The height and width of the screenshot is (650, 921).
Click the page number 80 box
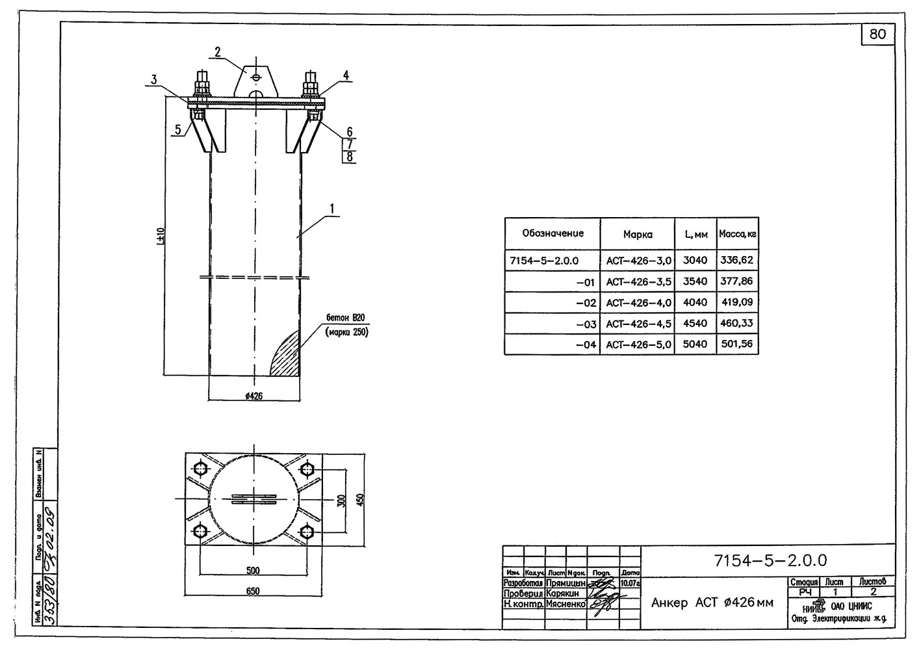coord(877,34)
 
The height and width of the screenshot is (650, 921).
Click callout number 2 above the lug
coord(218,53)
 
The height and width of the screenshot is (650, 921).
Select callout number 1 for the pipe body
coord(331,209)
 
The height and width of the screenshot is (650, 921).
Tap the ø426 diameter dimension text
coord(253,396)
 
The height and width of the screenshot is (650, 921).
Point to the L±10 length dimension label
coord(161,236)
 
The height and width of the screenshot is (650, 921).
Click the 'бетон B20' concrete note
coord(346,318)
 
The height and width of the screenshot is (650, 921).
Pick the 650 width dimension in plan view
coord(253,591)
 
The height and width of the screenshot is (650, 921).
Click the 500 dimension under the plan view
coord(253,571)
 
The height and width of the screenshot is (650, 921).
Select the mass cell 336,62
coord(737,260)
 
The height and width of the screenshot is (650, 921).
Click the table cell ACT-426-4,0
coord(638,303)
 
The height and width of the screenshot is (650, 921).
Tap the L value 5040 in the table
coord(695,344)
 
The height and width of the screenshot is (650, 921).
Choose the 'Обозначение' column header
coord(552,233)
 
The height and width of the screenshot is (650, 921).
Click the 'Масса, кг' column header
coord(737,233)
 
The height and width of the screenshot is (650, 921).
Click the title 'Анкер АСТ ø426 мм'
coord(712,603)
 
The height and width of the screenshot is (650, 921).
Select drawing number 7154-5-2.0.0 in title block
coord(770,560)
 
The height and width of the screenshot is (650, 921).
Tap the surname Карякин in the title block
coord(562,593)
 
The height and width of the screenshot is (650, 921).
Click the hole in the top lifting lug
coord(257,77)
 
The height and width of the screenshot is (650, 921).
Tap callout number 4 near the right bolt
coord(346,75)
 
